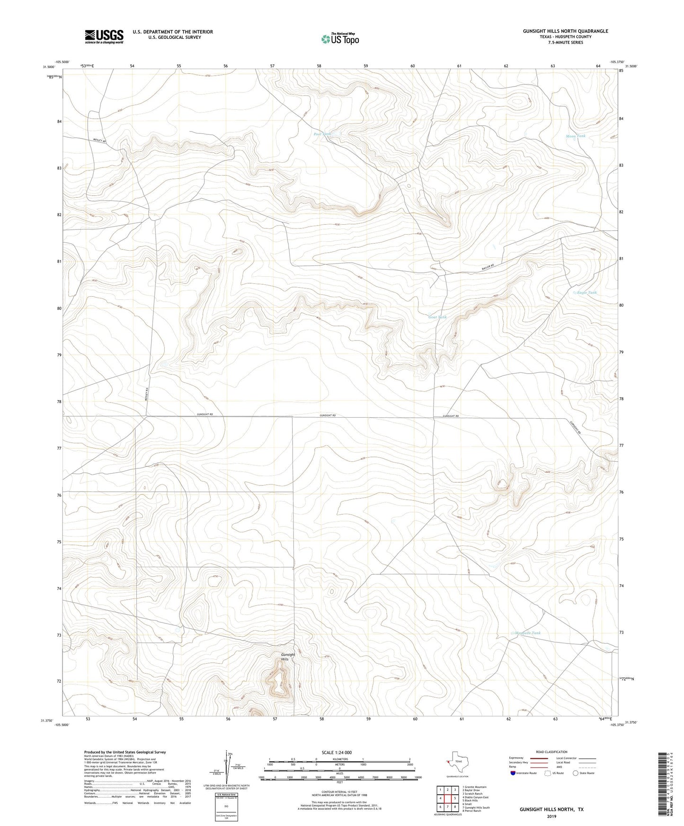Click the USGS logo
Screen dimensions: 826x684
(x=104, y=36)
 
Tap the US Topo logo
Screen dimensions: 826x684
(x=339, y=39)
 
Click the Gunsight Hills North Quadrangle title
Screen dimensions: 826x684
(x=565, y=31)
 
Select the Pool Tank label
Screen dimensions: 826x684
(x=322, y=134)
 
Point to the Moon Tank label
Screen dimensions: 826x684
(x=575, y=136)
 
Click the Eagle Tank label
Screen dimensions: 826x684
(x=586, y=292)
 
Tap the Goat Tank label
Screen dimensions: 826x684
(x=437, y=317)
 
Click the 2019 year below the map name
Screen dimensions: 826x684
(x=551, y=817)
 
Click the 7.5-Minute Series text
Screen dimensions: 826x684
(x=565, y=43)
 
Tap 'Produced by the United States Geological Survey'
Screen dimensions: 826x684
(x=124, y=752)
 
